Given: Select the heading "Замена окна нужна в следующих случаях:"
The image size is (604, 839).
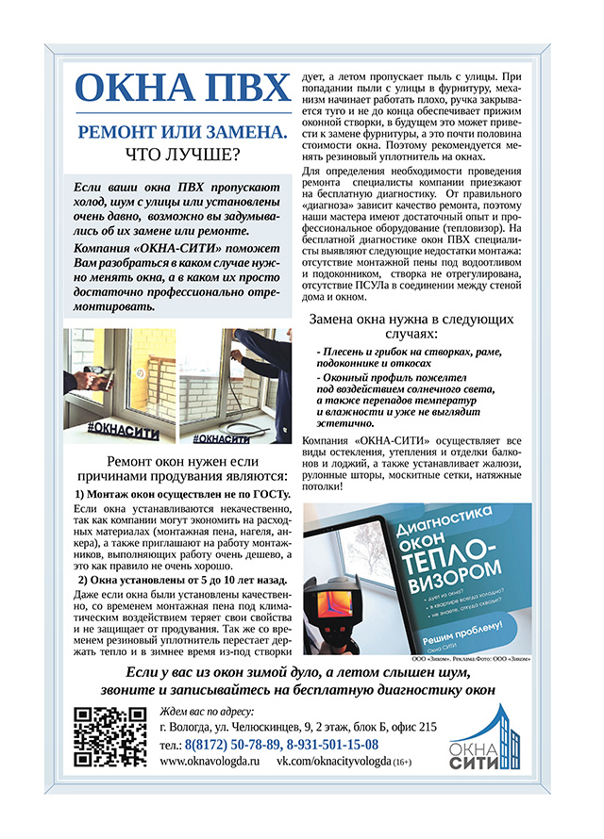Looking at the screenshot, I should [412, 326].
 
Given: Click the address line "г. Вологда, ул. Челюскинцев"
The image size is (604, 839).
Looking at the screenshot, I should [298, 726].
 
